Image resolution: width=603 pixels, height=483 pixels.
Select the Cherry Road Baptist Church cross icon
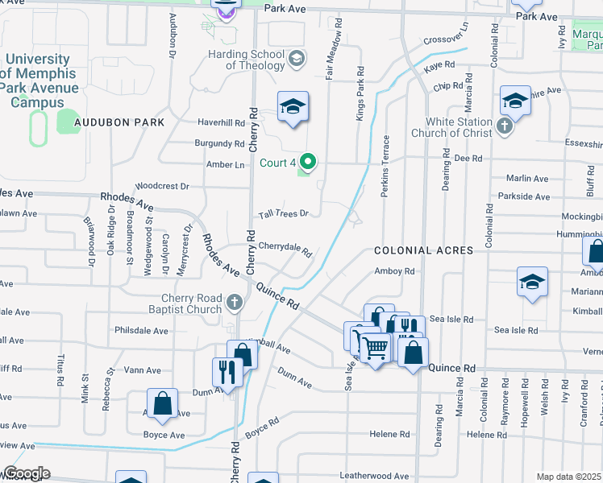(x=234, y=303)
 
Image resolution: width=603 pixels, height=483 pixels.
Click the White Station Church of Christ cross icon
(x=505, y=126)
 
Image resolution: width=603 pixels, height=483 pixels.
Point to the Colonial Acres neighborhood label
(x=423, y=251)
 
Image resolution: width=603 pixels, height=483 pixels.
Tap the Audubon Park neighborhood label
(x=119, y=122)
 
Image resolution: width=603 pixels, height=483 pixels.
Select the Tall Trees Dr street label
(x=284, y=213)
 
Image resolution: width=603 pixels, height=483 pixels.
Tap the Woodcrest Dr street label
(x=162, y=186)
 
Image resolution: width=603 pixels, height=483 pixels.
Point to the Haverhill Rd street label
(x=222, y=123)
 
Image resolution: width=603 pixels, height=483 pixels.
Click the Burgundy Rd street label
(x=219, y=143)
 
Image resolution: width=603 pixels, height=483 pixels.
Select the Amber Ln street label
(x=226, y=164)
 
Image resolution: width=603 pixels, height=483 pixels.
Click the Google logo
(x=26, y=473)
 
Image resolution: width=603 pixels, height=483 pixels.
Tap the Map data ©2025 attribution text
(x=569, y=477)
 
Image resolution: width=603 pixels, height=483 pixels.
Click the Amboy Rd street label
(x=393, y=272)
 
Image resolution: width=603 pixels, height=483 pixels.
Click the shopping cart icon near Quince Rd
(x=374, y=348)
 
